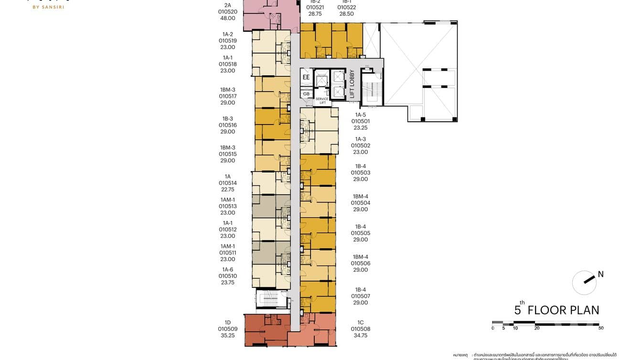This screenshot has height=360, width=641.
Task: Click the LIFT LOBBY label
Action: tap(353, 84)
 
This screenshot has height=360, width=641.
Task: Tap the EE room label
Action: tap(306, 77)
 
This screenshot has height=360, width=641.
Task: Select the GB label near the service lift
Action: tap(306, 94)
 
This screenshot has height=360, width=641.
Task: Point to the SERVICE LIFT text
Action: tap(322, 101)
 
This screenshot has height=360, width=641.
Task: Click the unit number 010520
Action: tap(228, 12)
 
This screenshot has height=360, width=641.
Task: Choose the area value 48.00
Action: tap(228, 18)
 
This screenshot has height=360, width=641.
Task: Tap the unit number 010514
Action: tap(228, 183)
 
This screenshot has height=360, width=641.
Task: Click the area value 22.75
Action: tap(228, 190)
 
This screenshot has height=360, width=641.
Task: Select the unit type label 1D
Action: tap(228, 322)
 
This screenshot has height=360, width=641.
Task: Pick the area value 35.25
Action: tap(228, 336)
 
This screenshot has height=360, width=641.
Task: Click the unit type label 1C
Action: tap(360, 322)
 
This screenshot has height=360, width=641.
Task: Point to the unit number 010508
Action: tap(360, 329)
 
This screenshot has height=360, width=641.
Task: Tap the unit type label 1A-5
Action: tap(360, 115)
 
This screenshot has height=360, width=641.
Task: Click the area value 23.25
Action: tap(360, 128)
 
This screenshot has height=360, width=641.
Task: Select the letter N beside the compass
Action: tap(601, 274)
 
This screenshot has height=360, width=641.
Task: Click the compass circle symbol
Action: tap(584, 283)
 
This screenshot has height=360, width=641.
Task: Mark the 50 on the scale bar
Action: tap(601, 328)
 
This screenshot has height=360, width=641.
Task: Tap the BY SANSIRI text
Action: tap(48, 7)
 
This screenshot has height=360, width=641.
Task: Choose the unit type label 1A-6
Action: tap(228, 269)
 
